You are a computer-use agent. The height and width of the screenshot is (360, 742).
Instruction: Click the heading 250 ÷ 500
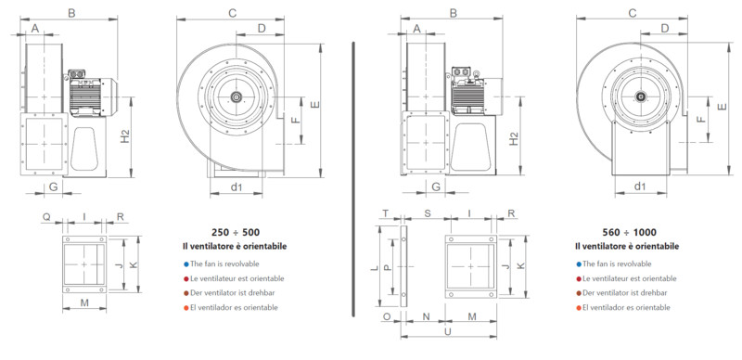click(236, 233)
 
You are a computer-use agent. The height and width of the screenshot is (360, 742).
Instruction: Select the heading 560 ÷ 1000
click(630, 233)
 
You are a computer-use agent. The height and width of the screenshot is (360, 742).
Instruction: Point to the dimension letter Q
click(46, 216)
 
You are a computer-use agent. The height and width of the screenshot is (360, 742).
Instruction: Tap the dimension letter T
click(386, 213)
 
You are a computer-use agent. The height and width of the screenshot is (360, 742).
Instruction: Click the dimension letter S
click(428, 213)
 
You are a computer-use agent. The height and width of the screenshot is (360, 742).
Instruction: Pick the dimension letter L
click(375, 267)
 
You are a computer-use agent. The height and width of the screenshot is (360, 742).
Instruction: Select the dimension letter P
click(387, 267)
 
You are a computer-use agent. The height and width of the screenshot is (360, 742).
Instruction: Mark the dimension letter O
click(387, 316)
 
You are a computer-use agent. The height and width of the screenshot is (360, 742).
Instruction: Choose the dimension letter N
click(426, 316)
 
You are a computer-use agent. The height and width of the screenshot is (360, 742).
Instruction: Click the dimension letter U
click(448, 331)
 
